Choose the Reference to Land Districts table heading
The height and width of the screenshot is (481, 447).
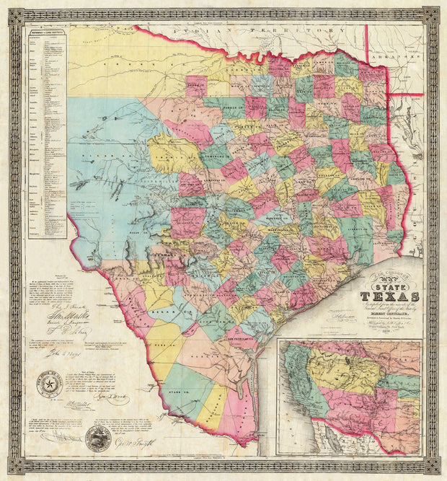(x=47, y=33)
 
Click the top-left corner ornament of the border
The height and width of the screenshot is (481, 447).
(x=16, y=15)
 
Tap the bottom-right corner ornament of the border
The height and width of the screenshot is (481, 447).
(x=430, y=465)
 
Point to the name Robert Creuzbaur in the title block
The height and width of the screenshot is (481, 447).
(x=396, y=315)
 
